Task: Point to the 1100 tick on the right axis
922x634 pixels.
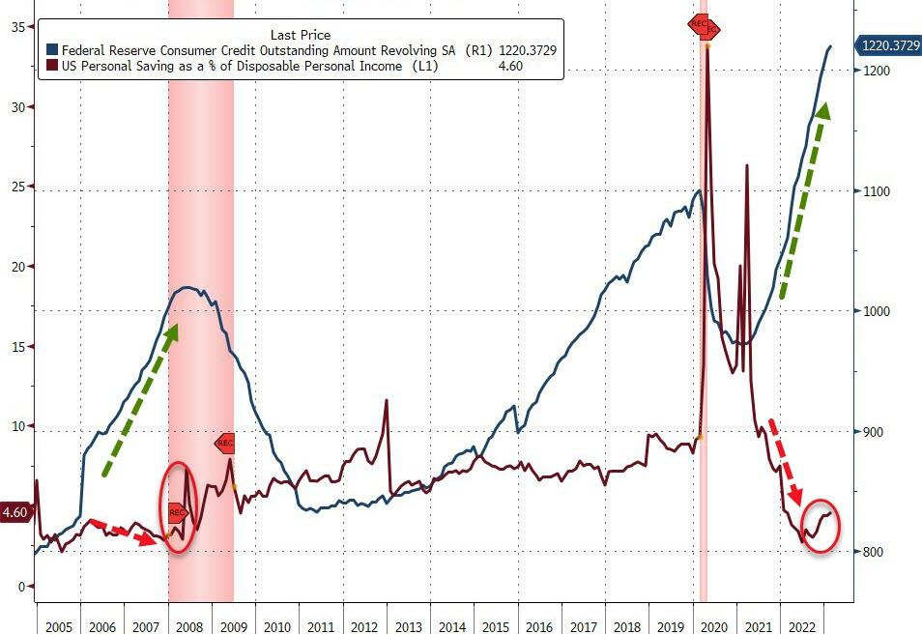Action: [x=875, y=191]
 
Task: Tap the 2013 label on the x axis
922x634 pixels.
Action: [x=410, y=624]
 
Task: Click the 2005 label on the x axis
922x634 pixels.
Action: [x=58, y=624]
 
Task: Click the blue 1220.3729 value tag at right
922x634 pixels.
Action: [x=888, y=45]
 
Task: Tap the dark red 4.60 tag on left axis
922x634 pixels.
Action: [x=14, y=512]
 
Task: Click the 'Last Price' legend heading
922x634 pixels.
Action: [x=300, y=35]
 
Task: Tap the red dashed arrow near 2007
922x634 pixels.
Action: [x=123, y=532]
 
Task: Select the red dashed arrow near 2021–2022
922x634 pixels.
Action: [x=787, y=462]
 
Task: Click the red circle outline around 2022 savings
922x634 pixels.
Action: [x=821, y=526]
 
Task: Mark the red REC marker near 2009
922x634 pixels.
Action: [x=224, y=443]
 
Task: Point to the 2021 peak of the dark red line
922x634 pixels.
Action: [x=747, y=166]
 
